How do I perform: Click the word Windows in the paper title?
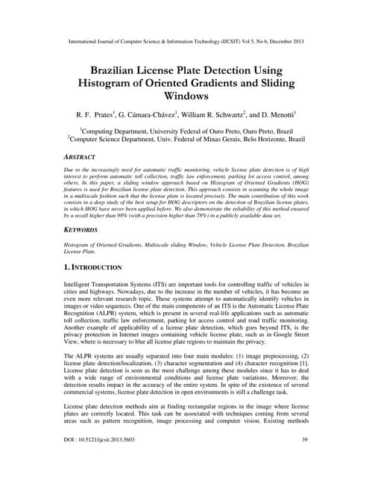point(183,96)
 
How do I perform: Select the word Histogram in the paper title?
point(112,83)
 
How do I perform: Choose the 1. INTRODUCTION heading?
point(101,267)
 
